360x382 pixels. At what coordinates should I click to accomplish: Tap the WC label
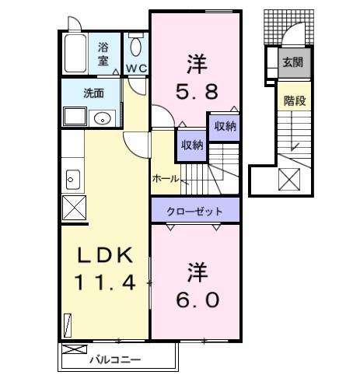pos(137,68)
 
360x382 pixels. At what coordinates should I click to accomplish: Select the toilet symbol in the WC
pos(137,47)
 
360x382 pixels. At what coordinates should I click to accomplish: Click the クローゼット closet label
pos(194,211)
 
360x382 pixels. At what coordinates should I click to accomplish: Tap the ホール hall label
pos(166,178)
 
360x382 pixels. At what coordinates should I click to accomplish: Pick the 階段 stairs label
pos(293,100)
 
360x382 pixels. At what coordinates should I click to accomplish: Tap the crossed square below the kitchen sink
pos(73,209)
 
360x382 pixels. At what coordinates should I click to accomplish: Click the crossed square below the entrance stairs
pos(288,180)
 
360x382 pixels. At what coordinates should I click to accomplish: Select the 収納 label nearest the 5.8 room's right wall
pos(225,124)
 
